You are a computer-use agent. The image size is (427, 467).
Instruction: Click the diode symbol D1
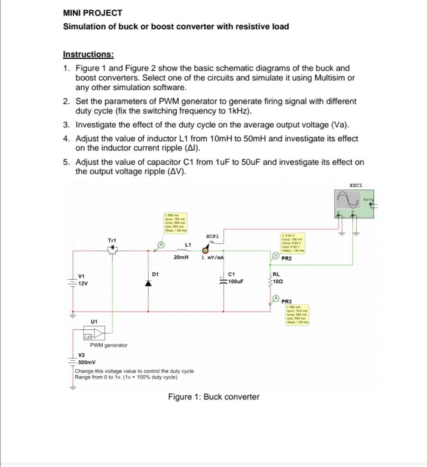pyautogui.click(x=148, y=283)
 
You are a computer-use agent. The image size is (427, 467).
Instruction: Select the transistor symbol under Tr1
pyautogui.click(x=112, y=249)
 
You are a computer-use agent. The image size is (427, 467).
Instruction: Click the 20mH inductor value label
pyautogui.click(x=181, y=258)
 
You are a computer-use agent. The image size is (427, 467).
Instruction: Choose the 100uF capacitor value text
pyautogui.click(x=236, y=281)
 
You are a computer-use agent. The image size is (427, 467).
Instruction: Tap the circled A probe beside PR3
pyautogui.click(x=276, y=298)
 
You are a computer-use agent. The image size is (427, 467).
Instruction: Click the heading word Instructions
pyautogui.click(x=88, y=54)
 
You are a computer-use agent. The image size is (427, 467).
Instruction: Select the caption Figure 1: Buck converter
pyautogui.click(x=213, y=397)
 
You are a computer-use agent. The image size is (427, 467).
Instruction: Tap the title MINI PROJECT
pyautogui.click(x=93, y=13)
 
